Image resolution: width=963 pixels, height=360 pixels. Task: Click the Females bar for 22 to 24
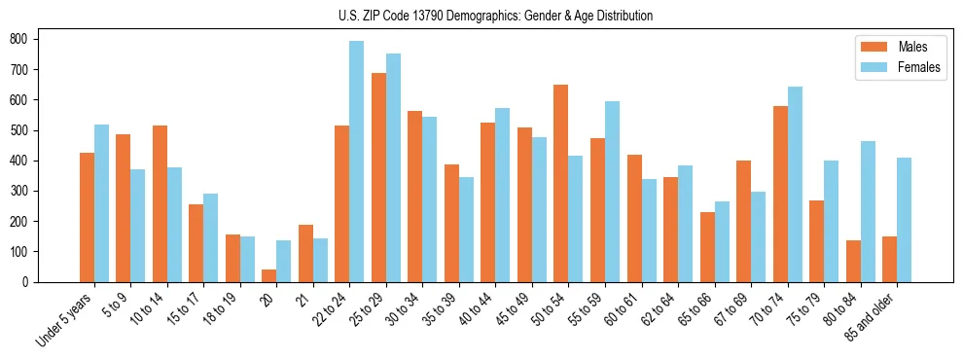click(x=357, y=162)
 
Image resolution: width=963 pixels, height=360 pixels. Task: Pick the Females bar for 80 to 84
click(x=869, y=211)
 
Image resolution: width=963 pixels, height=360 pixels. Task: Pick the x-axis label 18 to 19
click(x=223, y=309)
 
